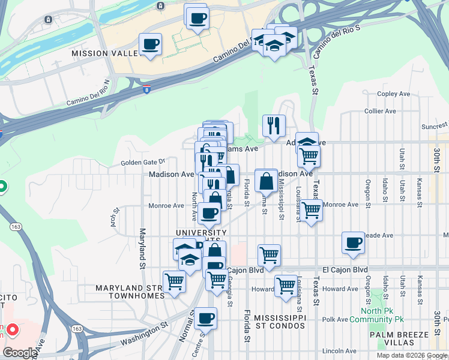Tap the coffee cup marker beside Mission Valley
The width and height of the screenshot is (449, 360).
150,44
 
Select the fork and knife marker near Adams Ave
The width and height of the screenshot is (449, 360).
273,126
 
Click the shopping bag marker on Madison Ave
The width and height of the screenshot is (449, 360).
265,180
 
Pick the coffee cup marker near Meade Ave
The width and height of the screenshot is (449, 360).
354,243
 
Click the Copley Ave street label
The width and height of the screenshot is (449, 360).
394,94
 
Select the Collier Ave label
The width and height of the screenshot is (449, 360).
380,111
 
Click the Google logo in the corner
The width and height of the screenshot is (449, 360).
19,353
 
